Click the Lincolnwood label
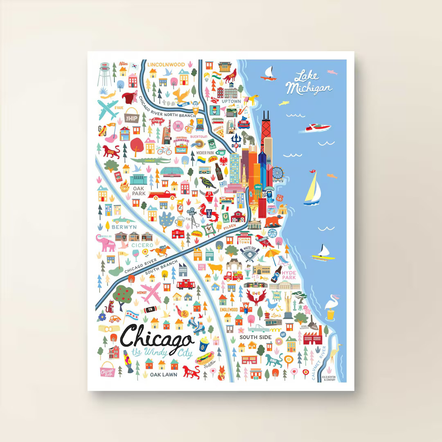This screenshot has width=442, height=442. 166,65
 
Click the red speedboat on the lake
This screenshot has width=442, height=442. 318,128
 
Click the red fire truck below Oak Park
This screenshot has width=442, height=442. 160,195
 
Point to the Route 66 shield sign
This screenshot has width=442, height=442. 280,197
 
